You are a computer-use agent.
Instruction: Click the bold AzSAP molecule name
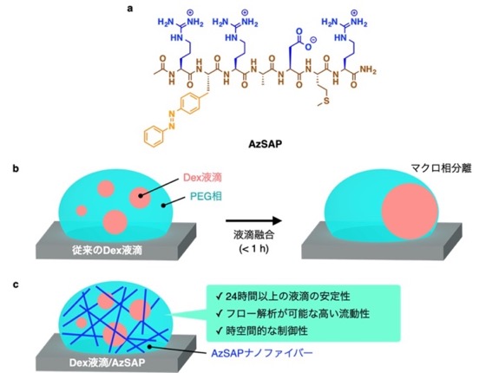266,144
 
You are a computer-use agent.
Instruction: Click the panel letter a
130,9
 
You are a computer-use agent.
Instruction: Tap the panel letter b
16,169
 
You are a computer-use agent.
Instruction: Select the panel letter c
16,285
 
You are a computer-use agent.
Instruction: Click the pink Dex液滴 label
202,178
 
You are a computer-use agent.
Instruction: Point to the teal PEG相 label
206,196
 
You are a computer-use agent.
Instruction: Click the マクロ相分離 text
441,168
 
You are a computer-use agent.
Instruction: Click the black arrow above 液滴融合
253,221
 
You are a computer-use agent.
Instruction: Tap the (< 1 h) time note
253,249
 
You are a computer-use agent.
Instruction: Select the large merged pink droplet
410,212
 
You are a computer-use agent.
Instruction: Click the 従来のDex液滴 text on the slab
108,250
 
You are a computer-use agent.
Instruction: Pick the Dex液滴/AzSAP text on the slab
107,363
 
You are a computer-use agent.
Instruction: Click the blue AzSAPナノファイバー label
262,353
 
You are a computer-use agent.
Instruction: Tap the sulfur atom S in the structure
326,101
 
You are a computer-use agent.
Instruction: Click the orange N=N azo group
172,121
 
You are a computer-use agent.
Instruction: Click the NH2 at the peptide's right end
368,70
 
